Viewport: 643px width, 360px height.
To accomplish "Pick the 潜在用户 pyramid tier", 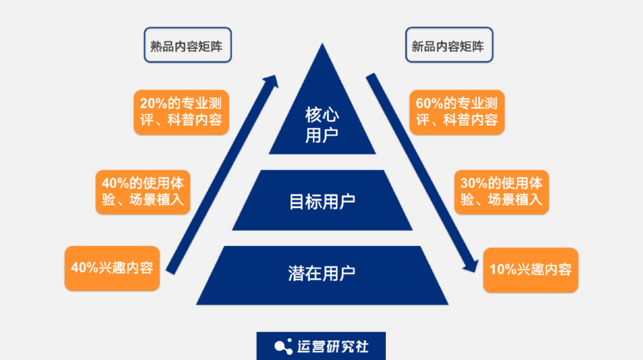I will coord(322,273).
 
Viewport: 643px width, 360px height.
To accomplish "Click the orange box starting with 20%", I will coord(181,111).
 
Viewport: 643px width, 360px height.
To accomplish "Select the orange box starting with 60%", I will coord(457,111).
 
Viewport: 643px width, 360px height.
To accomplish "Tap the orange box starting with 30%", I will coord(502,192).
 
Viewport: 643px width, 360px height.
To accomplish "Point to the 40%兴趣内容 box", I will coord(112,268).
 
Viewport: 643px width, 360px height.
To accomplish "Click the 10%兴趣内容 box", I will coord(530,270).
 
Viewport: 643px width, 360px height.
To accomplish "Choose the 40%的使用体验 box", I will coord(143,192).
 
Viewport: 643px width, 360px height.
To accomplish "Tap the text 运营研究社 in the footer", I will coord(333,346).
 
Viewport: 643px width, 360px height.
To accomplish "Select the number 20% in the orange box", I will coord(153,102).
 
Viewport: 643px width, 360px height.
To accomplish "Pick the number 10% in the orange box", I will coord(502,270).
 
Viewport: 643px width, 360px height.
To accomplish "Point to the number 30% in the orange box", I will coord(473,183).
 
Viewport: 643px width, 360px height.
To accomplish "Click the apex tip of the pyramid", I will coord(322,45).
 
